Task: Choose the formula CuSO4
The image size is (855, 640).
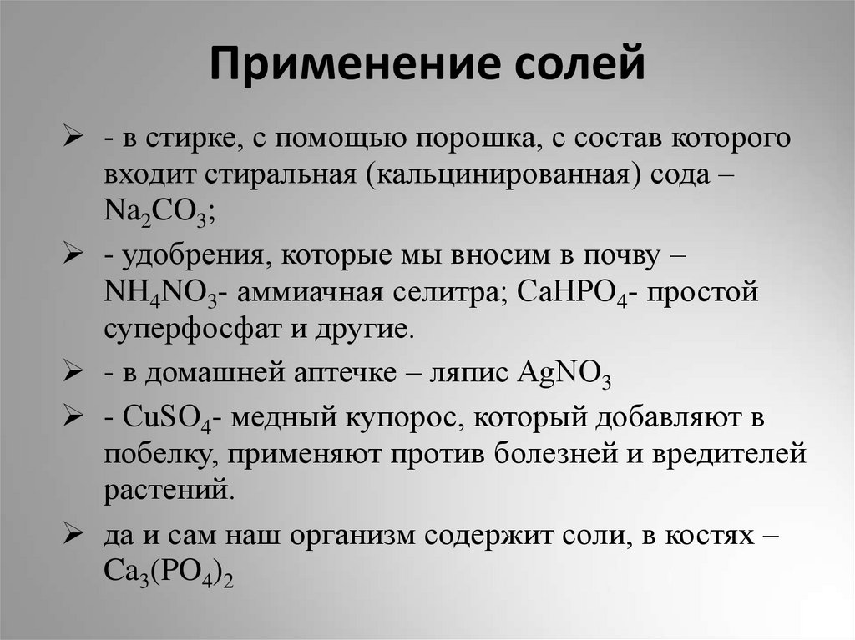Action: tap(166, 419)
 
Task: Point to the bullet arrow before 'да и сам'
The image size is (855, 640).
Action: tap(71, 534)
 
